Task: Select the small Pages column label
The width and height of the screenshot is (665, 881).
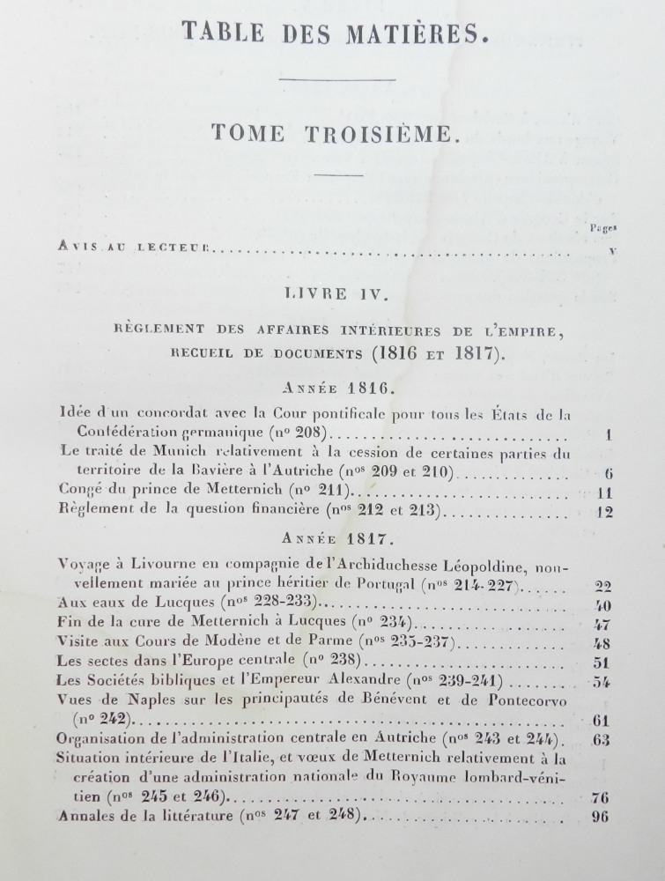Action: tap(602, 228)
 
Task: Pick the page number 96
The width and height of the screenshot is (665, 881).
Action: tap(602, 817)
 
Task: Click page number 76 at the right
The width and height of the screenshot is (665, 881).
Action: tap(602, 797)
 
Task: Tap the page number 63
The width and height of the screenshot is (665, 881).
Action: tap(602, 739)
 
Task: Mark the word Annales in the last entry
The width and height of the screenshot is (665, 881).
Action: tap(85, 817)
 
